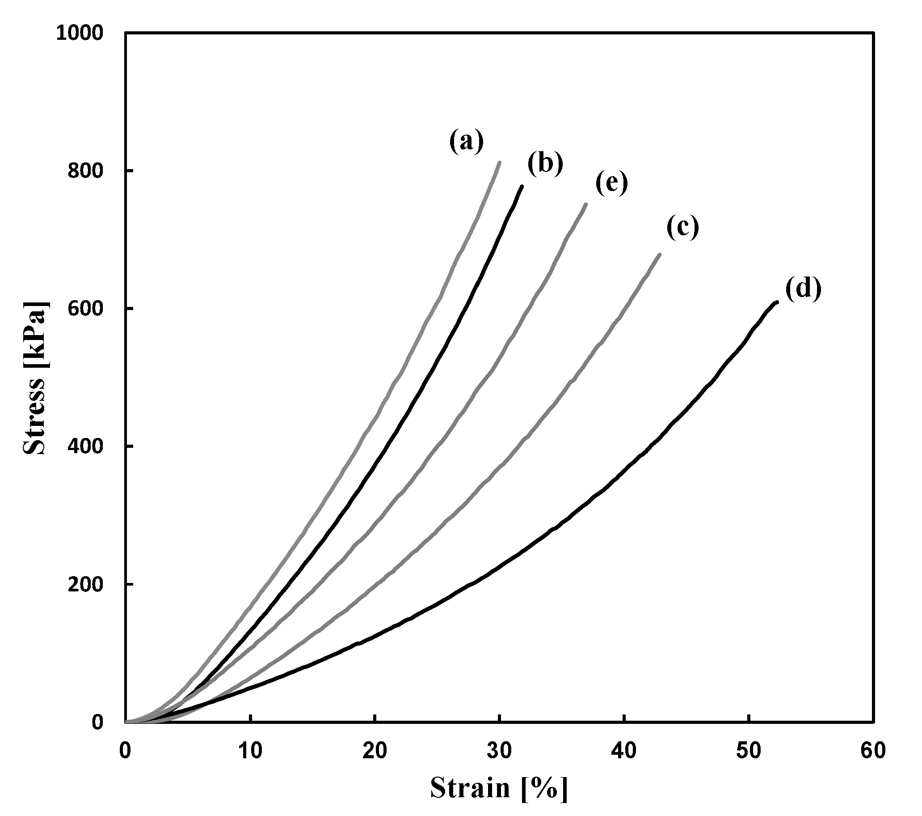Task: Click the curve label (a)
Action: tap(466, 142)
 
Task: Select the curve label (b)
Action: tap(545, 163)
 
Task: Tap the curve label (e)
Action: tap(611, 183)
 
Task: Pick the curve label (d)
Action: tap(803, 289)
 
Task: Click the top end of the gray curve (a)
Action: tap(499, 162)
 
